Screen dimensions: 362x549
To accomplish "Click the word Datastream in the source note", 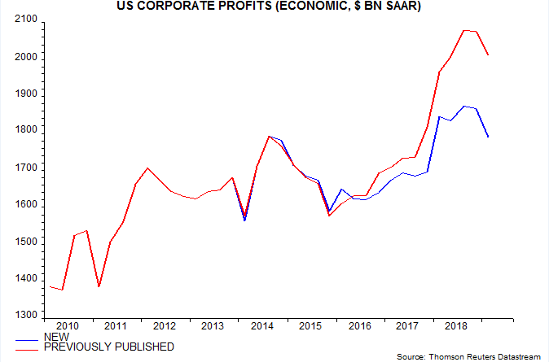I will click(x=515, y=357).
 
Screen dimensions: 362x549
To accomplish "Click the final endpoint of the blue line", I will click(x=488, y=137).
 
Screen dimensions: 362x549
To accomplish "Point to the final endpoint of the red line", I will click(x=488, y=55).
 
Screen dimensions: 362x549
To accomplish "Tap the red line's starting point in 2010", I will click(x=50, y=286).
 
